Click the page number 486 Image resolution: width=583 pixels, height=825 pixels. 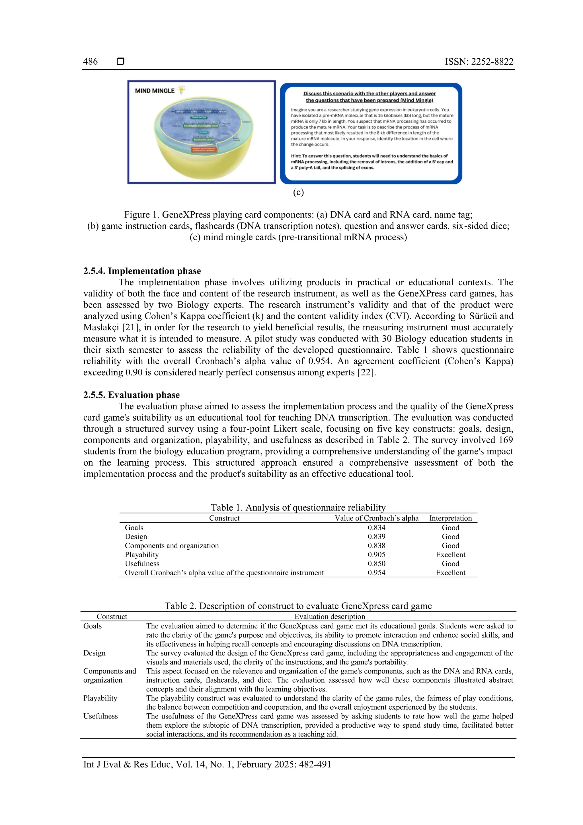(90, 62)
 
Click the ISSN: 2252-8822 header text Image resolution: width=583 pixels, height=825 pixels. (479, 62)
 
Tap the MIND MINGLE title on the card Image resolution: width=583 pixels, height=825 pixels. (155, 91)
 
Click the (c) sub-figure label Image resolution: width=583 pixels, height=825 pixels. (298, 192)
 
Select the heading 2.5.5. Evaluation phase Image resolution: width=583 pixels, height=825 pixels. (131, 395)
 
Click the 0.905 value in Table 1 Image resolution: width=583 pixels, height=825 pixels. (376, 554)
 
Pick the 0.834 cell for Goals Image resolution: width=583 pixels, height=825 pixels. (376, 527)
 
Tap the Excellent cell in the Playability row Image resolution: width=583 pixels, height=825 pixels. (450, 554)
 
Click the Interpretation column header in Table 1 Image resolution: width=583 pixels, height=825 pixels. (450, 518)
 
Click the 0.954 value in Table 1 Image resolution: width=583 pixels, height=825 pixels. (376, 572)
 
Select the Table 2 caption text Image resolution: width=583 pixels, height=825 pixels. (298, 606)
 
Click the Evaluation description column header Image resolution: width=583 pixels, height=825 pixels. (329, 616)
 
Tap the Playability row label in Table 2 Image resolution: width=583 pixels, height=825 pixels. (100, 698)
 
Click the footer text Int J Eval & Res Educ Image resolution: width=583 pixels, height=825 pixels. (128, 764)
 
